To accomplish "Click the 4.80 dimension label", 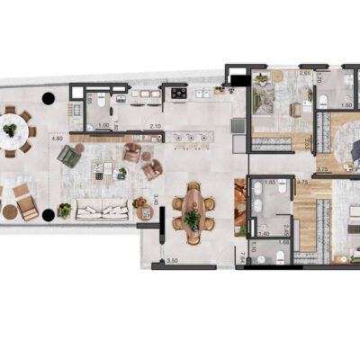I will [x=58, y=139].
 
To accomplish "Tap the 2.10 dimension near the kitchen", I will [x=155, y=127].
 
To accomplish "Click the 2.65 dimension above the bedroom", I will [x=304, y=73].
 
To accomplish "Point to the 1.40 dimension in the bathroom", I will [x=263, y=233].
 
